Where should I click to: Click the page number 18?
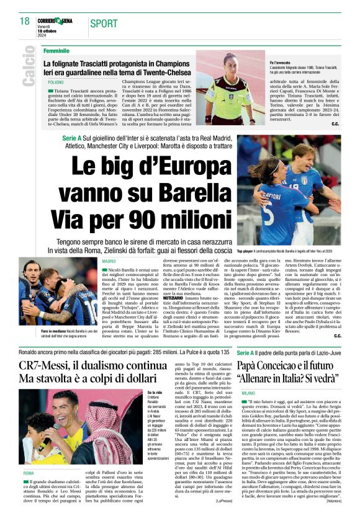[24, 22]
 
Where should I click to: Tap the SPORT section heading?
[104, 24]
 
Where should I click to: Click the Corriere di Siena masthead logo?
[59, 21]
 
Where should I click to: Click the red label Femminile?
[56, 50]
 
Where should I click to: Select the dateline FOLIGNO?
[55, 82]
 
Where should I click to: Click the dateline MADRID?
[109, 262]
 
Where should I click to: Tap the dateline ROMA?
[29, 456]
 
